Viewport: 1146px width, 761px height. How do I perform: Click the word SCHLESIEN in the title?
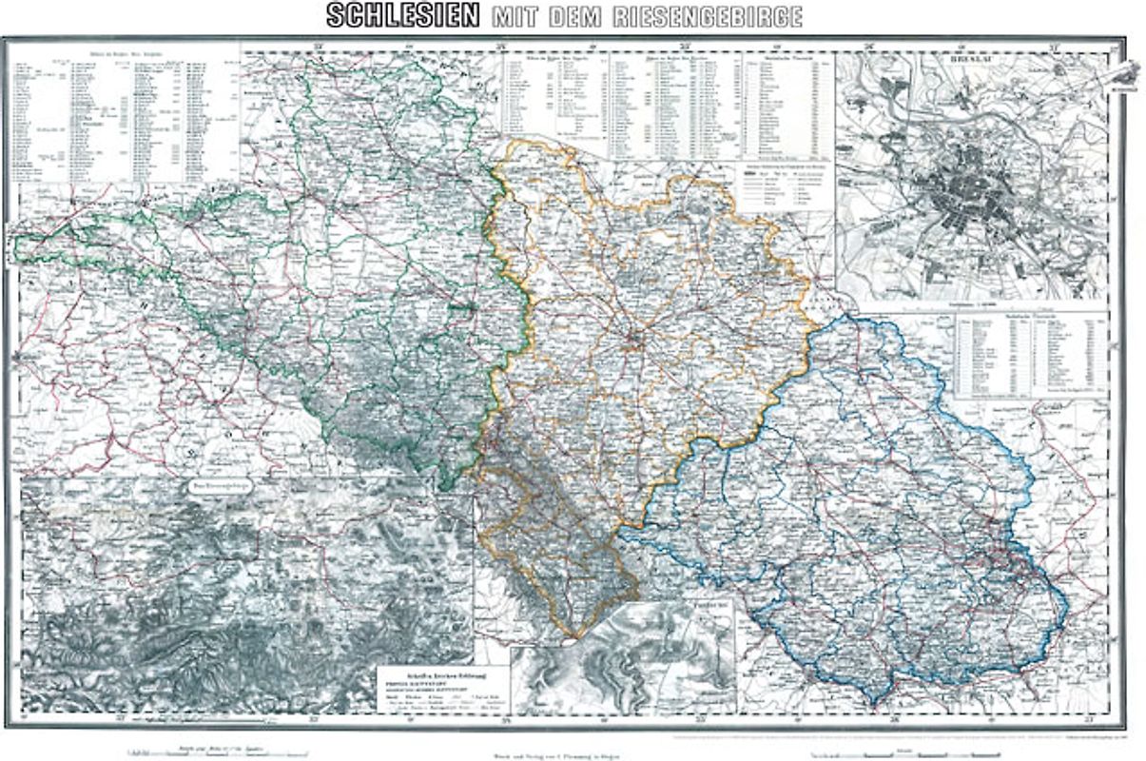402,16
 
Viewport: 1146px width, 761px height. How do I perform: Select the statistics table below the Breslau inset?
1031,352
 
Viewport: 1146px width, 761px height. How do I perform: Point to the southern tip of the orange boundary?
577,636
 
